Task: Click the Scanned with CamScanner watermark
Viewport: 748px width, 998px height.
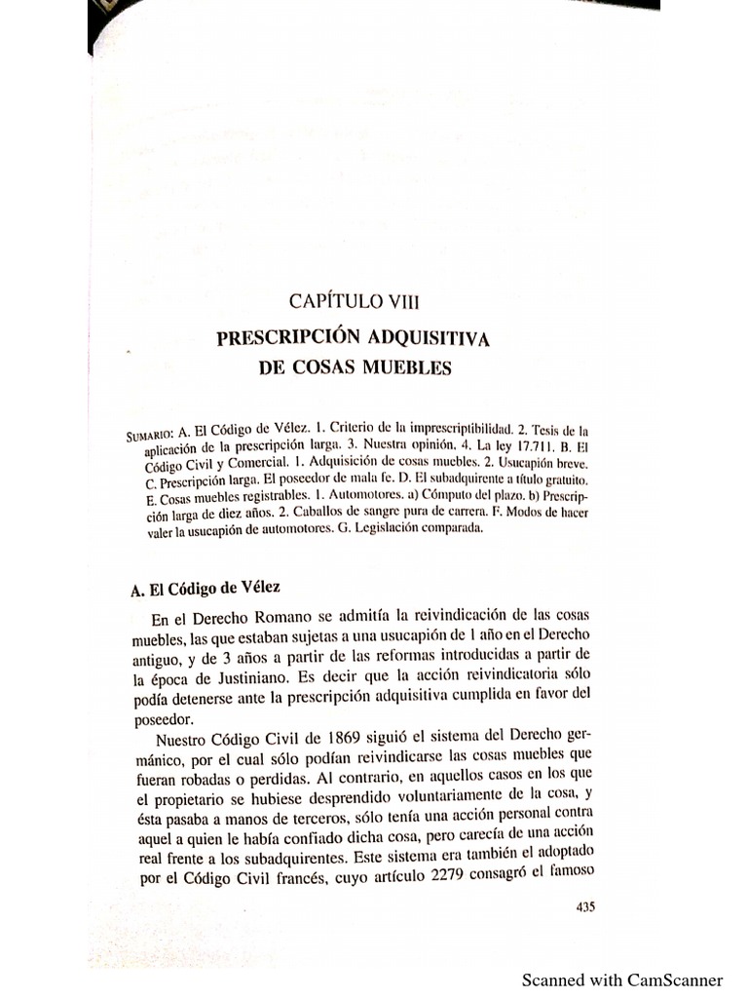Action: [x=622, y=979]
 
